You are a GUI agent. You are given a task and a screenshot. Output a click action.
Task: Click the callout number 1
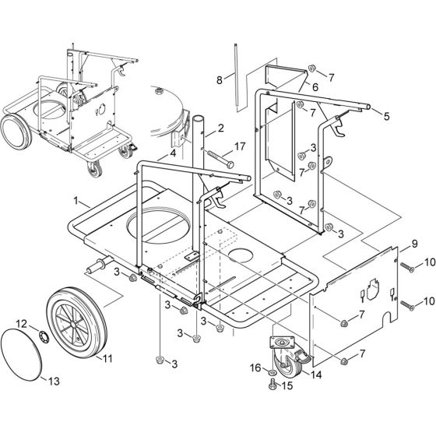[x=76, y=200]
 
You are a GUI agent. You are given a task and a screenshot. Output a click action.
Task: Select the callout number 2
[x=220, y=127]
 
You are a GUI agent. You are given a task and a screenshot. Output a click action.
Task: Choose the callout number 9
[x=405, y=244]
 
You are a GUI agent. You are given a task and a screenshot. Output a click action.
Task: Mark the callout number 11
[x=108, y=359]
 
